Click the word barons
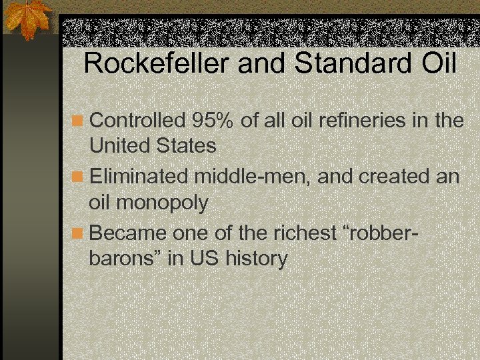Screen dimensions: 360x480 [125, 258]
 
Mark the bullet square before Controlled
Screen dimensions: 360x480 [78, 121]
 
